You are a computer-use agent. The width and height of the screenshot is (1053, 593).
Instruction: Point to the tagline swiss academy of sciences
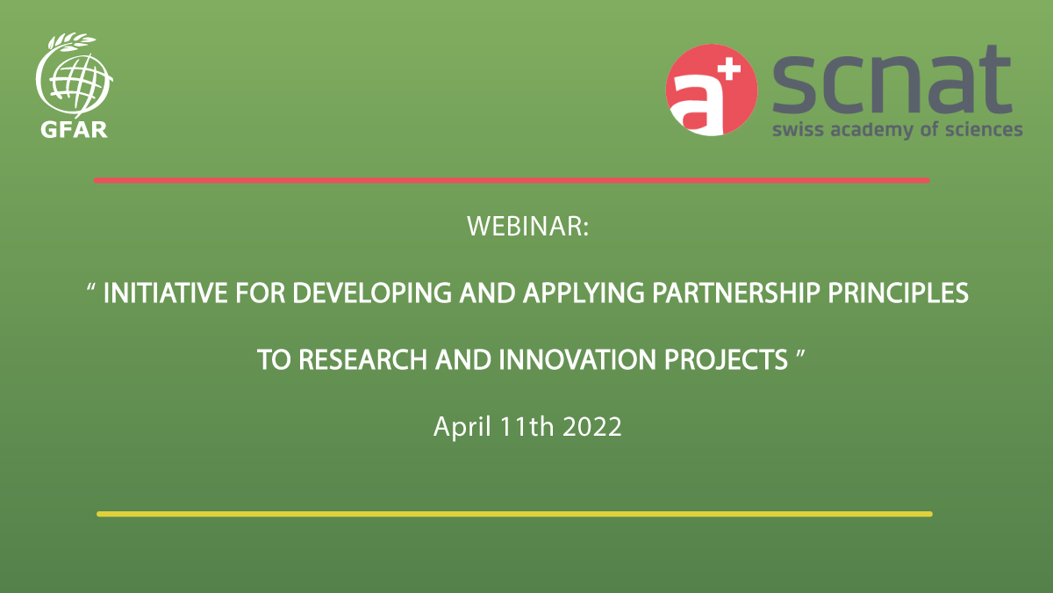pyautogui.click(x=897, y=130)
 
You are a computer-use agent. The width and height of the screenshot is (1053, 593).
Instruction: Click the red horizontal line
pyautogui.click(x=512, y=180)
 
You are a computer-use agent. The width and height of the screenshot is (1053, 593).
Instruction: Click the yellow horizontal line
pyautogui.click(x=514, y=514)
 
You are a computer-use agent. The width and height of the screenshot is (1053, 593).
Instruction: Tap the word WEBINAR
pyautogui.click(x=526, y=227)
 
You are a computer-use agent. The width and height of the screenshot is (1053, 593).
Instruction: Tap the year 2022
pyautogui.click(x=592, y=428)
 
